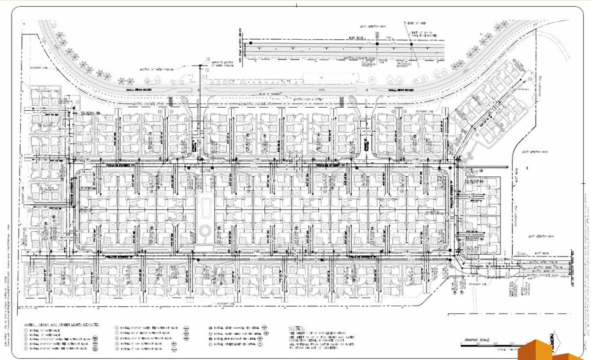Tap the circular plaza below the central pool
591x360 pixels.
point(205,231)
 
